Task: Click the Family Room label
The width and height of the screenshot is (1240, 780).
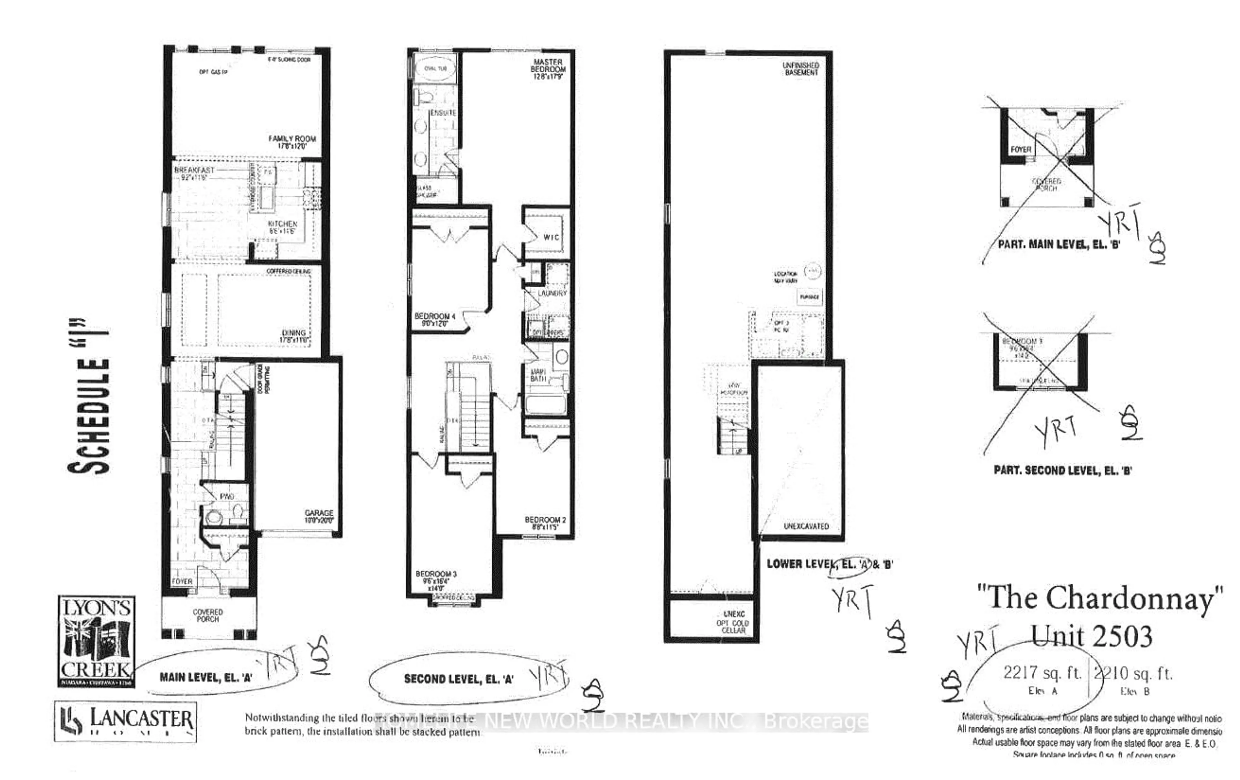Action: [x=292, y=142]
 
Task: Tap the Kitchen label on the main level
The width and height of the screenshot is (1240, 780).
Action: [x=282, y=227]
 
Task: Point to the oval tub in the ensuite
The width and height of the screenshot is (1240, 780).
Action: [x=435, y=69]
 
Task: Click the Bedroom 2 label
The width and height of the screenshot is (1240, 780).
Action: [x=545, y=522]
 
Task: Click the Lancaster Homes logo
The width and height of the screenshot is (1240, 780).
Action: [x=125, y=721]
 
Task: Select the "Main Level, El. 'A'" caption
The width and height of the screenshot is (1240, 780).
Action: [x=205, y=677]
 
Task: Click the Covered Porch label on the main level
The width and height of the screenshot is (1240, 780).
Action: [x=208, y=615]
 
